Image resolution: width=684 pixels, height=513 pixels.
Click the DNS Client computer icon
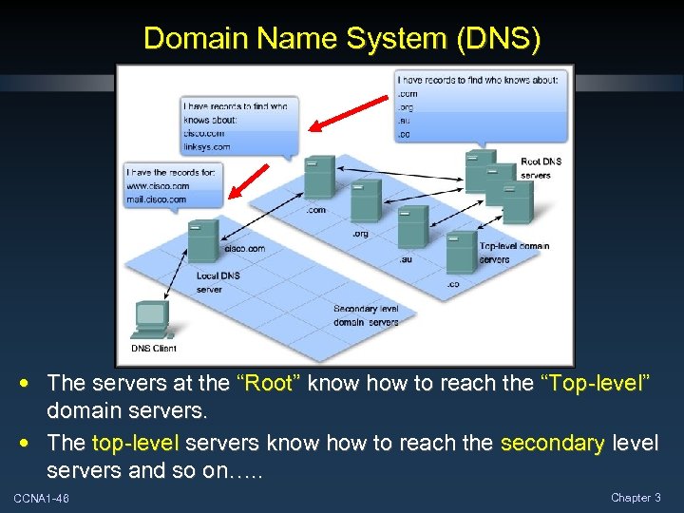(151, 319)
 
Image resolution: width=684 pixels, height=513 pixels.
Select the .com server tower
(319, 178)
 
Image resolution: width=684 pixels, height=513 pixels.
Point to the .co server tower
(461, 253)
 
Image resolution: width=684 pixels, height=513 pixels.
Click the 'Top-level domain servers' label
(514, 253)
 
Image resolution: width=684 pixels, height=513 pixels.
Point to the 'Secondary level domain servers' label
(366, 315)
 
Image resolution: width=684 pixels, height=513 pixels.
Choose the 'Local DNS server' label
(218, 282)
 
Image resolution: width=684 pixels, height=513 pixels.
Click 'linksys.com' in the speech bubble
(206, 147)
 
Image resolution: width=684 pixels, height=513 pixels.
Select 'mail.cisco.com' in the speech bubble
(157, 199)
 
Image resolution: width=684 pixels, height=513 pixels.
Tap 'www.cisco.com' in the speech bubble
(157, 186)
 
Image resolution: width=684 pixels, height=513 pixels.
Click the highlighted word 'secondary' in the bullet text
(552, 443)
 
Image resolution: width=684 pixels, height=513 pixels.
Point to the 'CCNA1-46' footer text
(41, 499)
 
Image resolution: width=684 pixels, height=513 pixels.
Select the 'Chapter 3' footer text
(636, 498)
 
